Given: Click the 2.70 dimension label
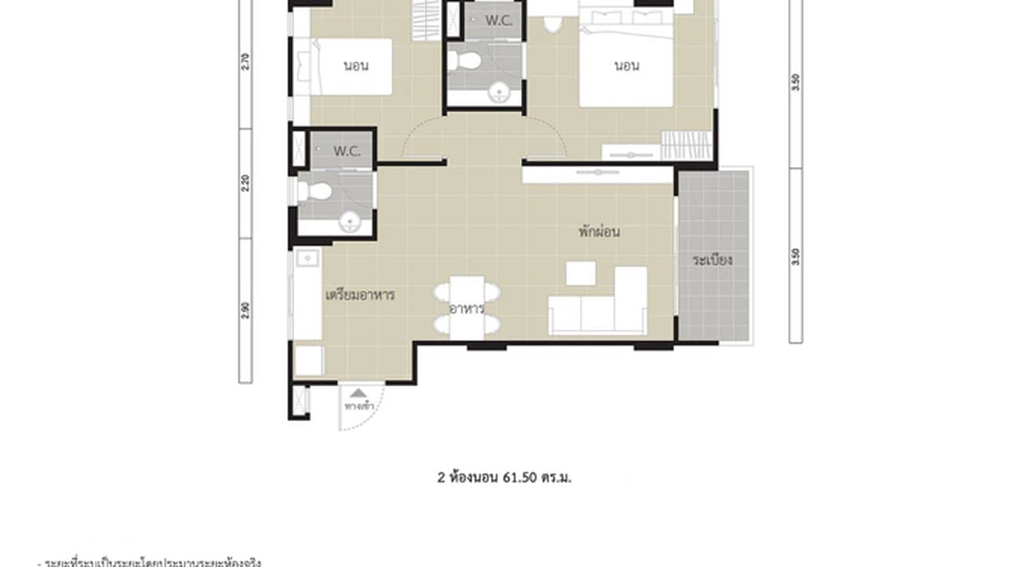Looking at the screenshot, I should point(245,61).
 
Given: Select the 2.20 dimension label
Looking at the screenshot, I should point(245,183).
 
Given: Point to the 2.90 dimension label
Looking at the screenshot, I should point(245,311).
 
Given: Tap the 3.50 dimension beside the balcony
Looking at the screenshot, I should point(796,256).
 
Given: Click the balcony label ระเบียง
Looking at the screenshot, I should point(713,261).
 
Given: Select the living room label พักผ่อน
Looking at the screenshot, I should point(599,232).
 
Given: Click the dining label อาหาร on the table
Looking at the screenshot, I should point(466,308).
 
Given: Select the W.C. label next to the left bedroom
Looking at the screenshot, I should point(347,151).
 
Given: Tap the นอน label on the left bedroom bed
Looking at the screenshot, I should point(356,65).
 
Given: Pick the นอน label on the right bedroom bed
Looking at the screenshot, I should point(626,65).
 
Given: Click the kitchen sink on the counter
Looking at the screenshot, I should point(306,259).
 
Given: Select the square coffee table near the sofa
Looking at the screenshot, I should point(580,273).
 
